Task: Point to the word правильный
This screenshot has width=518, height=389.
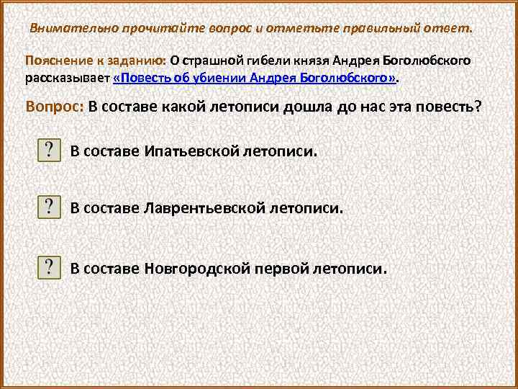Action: (353, 28)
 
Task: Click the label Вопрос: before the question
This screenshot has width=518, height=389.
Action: (55, 107)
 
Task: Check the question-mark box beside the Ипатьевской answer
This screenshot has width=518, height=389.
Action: (48, 151)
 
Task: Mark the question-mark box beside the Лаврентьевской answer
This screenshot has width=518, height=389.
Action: (48, 207)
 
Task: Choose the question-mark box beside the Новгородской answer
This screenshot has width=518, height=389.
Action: (48, 267)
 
